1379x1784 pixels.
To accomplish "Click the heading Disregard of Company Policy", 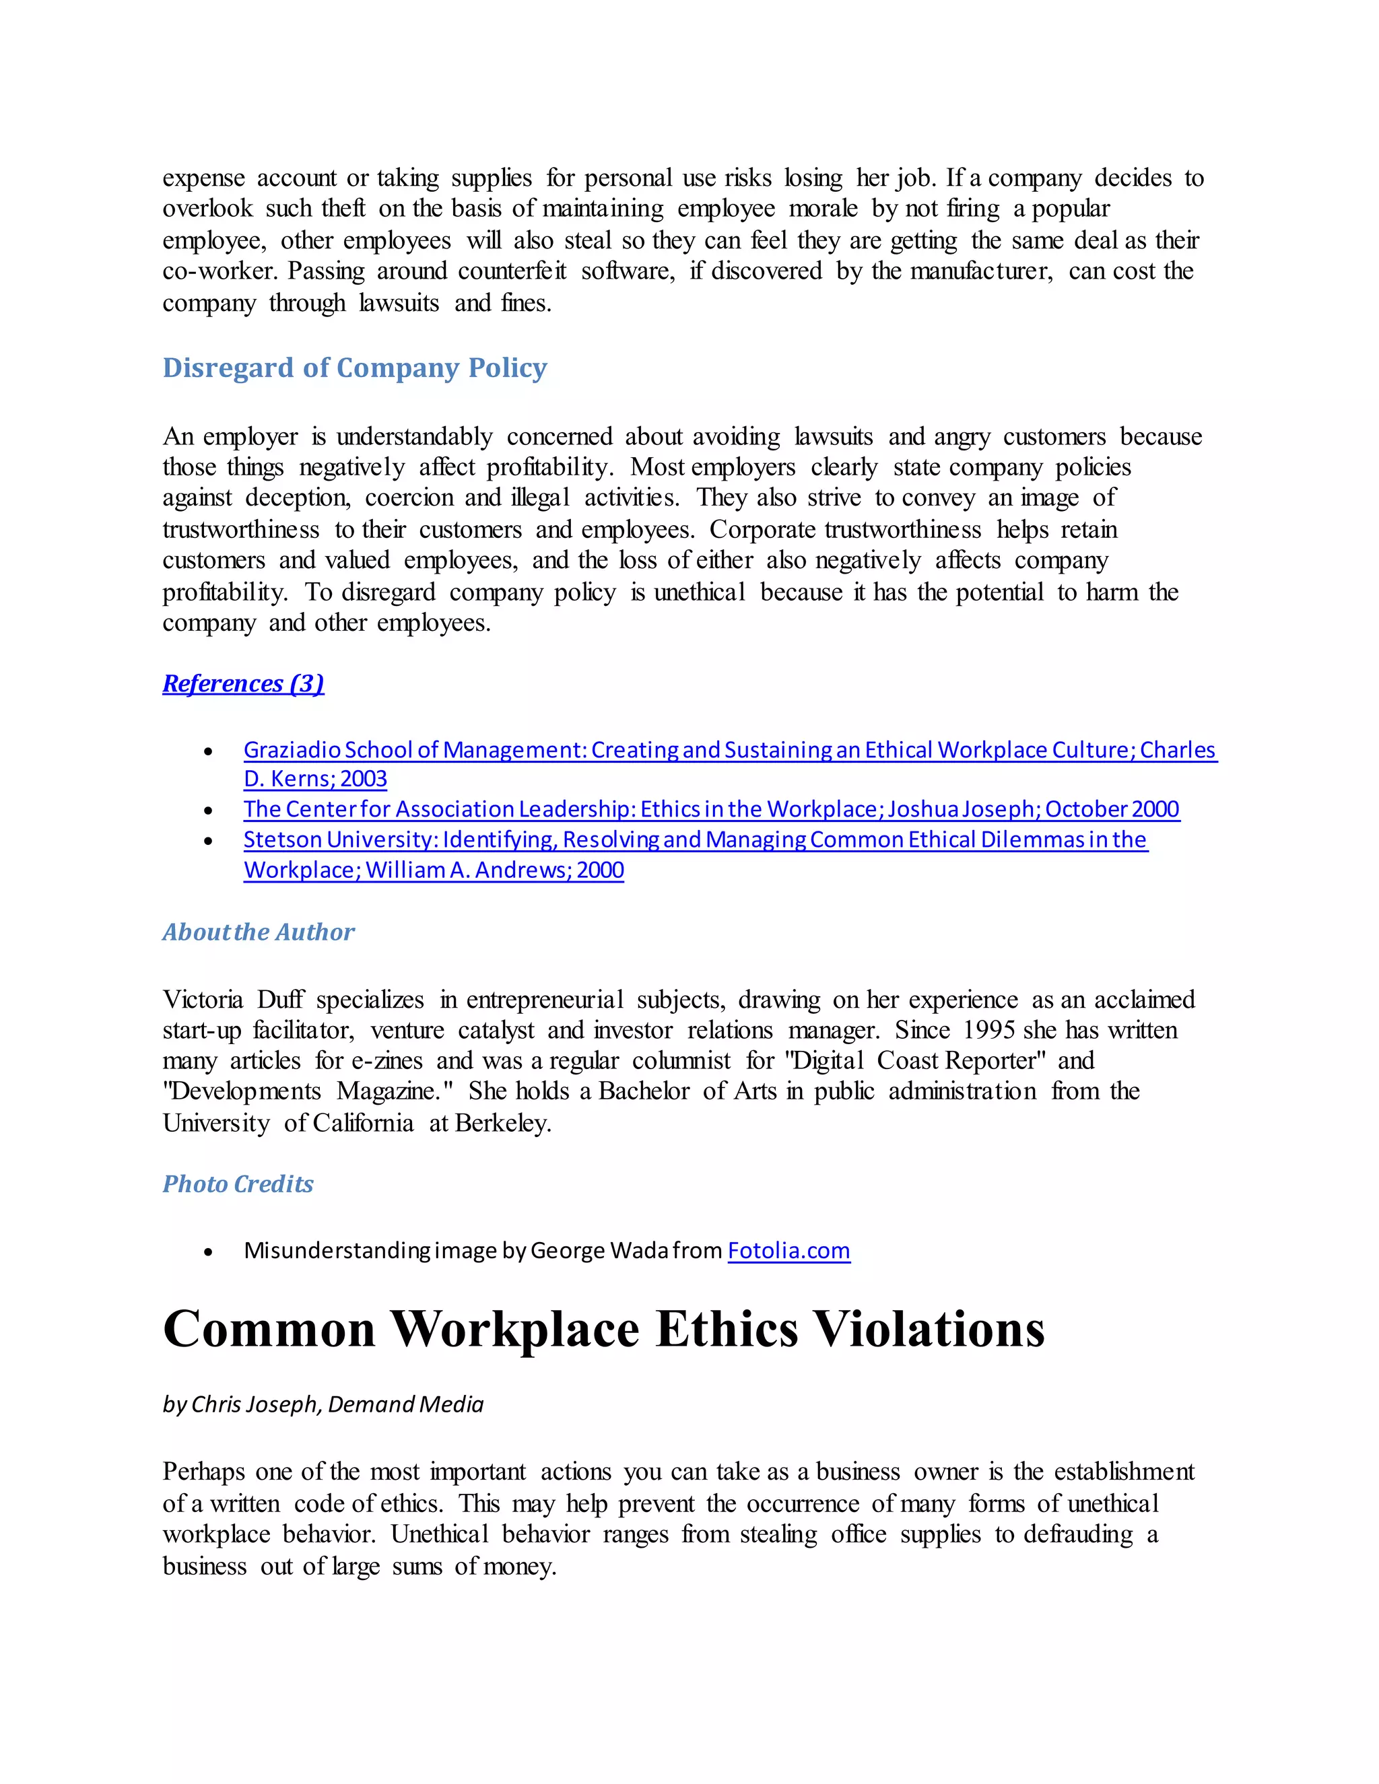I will (355, 368).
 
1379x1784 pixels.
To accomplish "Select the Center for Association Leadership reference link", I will (711, 809).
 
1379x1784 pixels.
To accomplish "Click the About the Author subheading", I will (258, 932).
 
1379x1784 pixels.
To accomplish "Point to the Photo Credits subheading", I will (238, 1183).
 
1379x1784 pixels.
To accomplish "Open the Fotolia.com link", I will (788, 1251).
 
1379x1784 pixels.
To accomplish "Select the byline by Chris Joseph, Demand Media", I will (323, 1404).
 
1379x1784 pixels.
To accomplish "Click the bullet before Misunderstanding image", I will (209, 1252).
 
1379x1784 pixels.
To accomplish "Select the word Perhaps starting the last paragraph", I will (203, 1472).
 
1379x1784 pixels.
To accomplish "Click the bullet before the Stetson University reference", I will (209, 842).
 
